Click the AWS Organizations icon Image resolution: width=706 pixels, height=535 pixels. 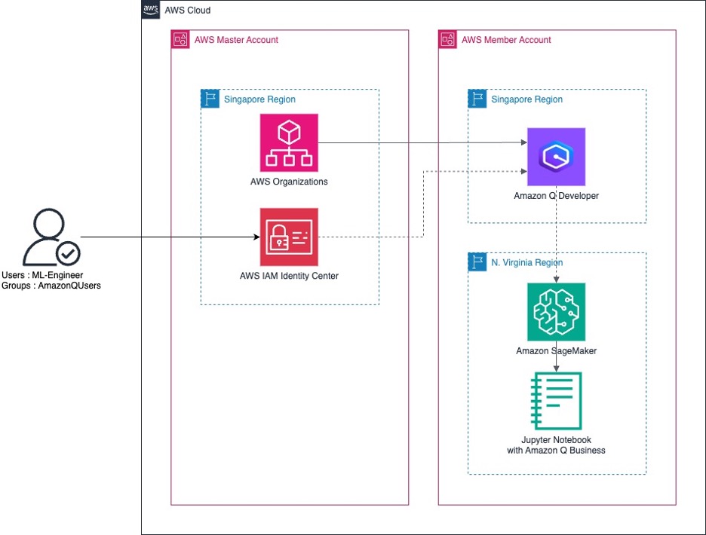pyautogui.click(x=289, y=142)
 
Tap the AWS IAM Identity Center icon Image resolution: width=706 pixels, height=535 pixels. pyautogui.click(x=289, y=237)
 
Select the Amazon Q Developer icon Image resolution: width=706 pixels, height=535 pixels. pyautogui.click(x=556, y=157)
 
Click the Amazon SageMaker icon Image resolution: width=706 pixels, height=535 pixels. pyautogui.click(x=556, y=312)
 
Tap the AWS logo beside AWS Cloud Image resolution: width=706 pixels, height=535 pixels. pyautogui.click(x=150, y=10)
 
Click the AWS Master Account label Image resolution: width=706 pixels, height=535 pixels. pyautogui.click(x=236, y=40)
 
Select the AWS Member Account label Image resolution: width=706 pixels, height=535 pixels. pyautogui.click(x=506, y=40)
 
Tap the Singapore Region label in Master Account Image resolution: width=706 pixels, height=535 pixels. pyautogui.click(x=259, y=99)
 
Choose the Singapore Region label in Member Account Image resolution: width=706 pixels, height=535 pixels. pyautogui.click(x=526, y=99)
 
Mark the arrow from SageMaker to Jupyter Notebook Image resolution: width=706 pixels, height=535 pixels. pyautogui.click(x=557, y=363)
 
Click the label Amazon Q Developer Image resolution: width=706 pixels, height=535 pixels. pyautogui.click(x=556, y=196)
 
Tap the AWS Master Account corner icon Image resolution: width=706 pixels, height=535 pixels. pyautogui.click(x=180, y=40)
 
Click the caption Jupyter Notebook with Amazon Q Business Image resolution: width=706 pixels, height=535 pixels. pyautogui.click(x=556, y=445)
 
